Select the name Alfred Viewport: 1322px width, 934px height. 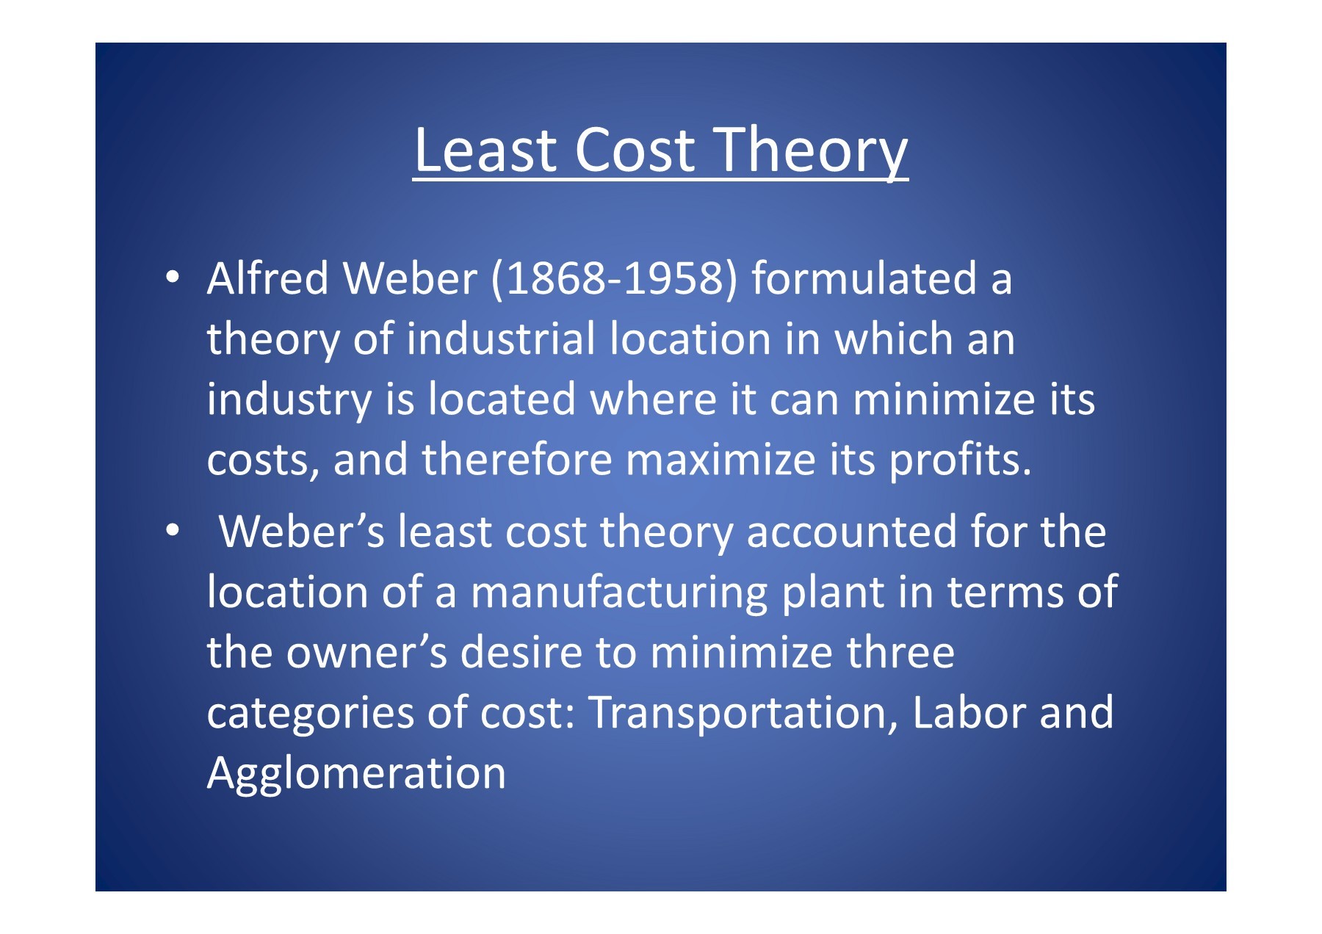(267, 279)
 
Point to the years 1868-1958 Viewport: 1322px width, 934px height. (615, 279)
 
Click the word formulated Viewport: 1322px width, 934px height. (864, 279)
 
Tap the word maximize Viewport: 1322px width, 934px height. (720, 460)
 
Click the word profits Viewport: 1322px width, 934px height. (960, 460)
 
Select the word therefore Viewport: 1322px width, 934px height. (517, 460)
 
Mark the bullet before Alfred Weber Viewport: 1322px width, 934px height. (172, 278)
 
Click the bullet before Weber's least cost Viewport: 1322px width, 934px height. (172, 530)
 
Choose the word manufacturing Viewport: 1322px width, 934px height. (618, 593)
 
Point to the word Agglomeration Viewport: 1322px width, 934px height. (356, 773)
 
